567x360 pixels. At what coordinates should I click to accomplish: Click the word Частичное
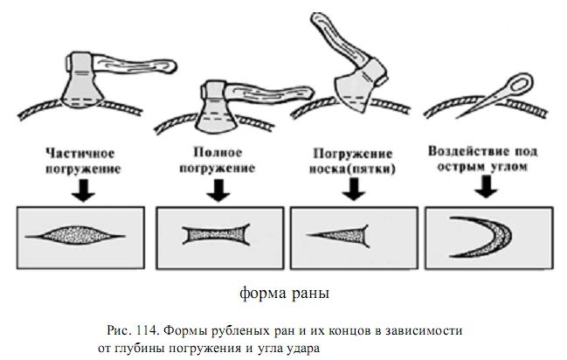[x=80, y=153]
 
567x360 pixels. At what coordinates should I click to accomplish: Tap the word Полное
[x=218, y=152]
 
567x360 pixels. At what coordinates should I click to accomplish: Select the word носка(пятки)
[x=352, y=169]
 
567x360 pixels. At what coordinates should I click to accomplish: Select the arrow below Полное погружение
[x=218, y=190]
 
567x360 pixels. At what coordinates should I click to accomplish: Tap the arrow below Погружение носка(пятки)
[x=354, y=189]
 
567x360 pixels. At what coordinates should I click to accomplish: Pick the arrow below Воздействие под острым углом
[x=487, y=186]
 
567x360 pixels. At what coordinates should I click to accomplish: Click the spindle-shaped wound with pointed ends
[x=75, y=236]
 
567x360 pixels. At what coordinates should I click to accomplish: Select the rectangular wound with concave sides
[x=217, y=235]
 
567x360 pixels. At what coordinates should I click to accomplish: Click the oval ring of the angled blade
[x=520, y=84]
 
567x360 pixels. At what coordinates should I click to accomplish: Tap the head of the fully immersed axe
[x=216, y=107]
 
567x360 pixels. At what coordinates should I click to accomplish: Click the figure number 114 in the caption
[x=147, y=330]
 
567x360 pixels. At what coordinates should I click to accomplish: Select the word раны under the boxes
[x=310, y=294]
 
